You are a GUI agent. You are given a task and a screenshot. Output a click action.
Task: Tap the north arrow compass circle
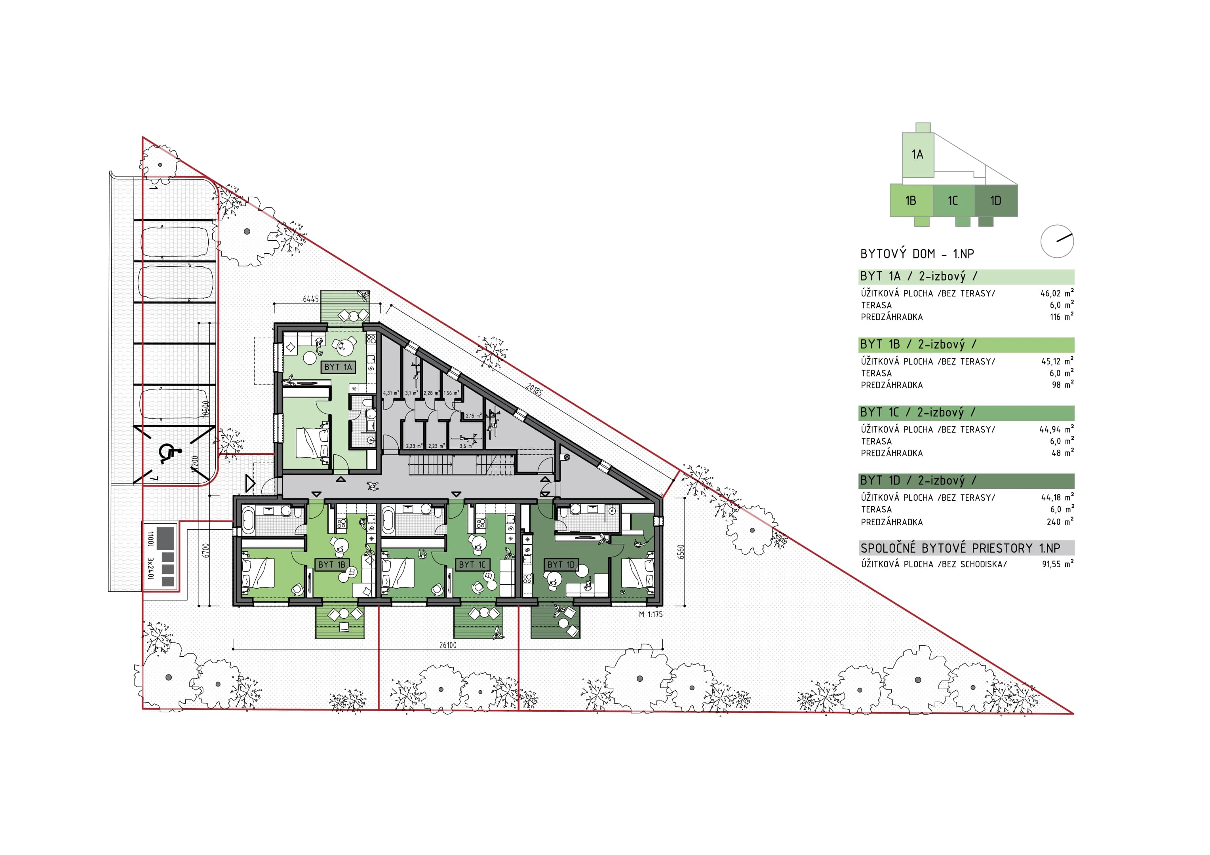1057,242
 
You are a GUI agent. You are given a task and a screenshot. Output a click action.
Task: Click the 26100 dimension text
448,645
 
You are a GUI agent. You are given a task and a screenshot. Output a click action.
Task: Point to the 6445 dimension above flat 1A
310,299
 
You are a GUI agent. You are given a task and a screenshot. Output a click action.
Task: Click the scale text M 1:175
651,614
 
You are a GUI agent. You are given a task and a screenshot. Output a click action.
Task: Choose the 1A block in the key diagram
917,154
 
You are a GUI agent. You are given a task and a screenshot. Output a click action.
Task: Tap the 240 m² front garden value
1060,522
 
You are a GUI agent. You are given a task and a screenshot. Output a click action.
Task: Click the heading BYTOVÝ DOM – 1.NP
917,254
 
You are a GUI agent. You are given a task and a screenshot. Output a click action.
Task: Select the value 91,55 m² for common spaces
1058,564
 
